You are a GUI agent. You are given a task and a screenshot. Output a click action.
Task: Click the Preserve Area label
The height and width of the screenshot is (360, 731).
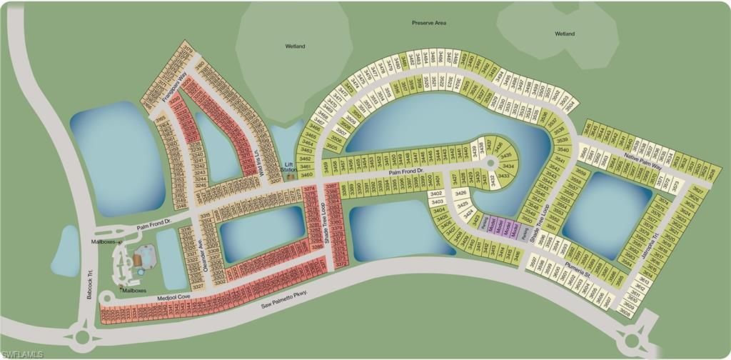pyautogui.click(x=429, y=23)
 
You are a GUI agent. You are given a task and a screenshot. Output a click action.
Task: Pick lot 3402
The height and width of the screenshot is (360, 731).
pyautogui.click(x=436, y=194)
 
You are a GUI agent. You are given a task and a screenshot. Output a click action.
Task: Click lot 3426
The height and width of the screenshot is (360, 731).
pyautogui.click(x=462, y=193)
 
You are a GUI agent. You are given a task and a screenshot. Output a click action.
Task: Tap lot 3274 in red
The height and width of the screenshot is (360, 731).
pyautogui.click(x=310, y=189)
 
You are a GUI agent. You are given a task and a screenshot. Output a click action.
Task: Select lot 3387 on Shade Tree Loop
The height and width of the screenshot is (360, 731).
pyautogui.click(x=331, y=187)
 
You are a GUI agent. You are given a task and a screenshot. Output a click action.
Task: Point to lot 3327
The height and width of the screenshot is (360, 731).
pyautogui.click(x=198, y=286)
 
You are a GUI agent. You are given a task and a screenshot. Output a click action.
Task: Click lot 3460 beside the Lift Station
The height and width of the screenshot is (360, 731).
pyautogui.click(x=307, y=174)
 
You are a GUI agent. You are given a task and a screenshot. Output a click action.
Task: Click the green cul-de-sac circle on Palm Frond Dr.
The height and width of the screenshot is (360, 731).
pyautogui.click(x=491, y=164)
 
